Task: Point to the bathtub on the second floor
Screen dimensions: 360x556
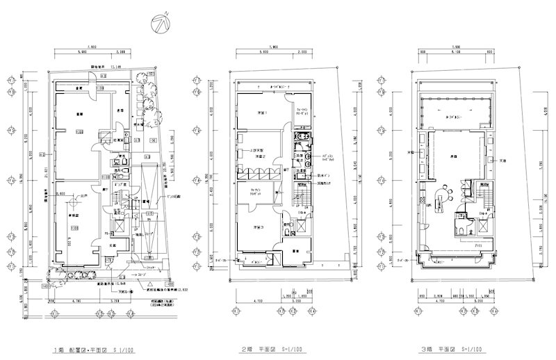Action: (x=302, y=139)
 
